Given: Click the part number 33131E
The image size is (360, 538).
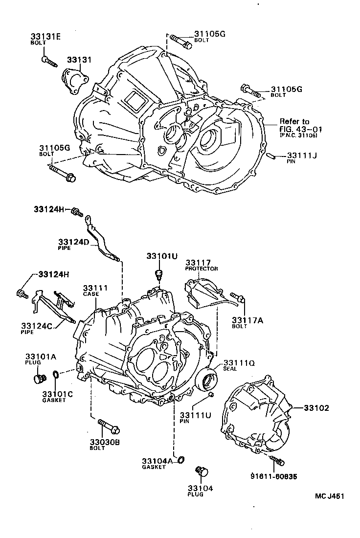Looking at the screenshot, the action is (x=45, y=36).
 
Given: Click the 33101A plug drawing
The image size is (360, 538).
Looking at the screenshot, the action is (x=39, y=379).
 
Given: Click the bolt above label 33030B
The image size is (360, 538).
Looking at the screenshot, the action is (x=109, y=426).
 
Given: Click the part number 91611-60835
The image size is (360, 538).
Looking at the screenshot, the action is (x=273, y=476).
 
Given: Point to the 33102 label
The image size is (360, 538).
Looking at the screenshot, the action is (x=316, y=407).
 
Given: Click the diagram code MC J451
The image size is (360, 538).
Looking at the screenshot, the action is (x=330, y=496).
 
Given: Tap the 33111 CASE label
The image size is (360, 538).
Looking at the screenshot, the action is (x=95, y=290).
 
